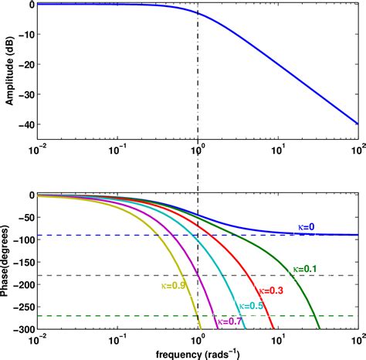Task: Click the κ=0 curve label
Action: click(x=307, y=226)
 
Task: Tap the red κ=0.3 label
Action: click(x=269, y=290)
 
